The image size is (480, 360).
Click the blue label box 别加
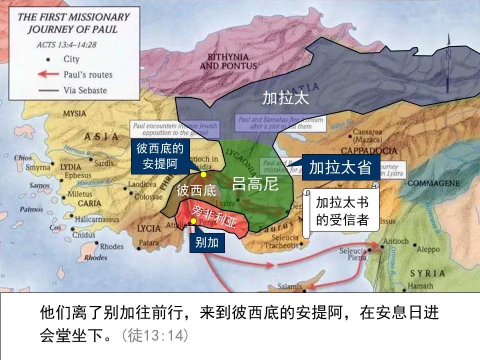pos(207,243)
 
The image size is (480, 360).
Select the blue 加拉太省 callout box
pos(340,167)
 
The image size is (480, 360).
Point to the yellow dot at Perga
pos(193,220)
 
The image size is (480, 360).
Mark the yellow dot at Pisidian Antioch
pos(203,174)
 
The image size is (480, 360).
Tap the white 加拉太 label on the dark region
pos(286,98)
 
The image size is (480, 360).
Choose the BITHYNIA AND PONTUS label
pos(228,61)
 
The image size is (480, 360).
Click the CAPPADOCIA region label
pos(368,151)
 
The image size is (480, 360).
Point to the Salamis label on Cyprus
pos(289,286)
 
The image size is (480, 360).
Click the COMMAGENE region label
pos(433,183)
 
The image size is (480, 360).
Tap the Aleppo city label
pos(428,249)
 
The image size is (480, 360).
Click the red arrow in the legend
pos(48,74)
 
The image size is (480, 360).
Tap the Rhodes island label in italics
pos(95,258)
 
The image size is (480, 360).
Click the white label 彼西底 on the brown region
pos(196,190)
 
